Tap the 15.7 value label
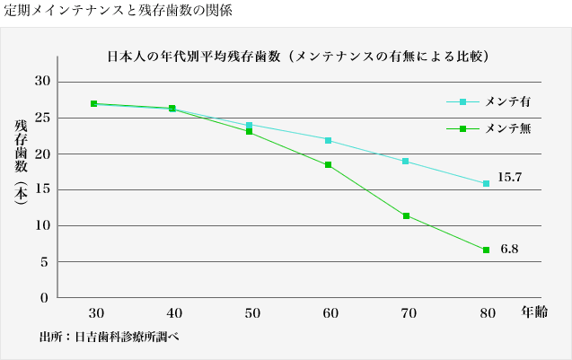(509, 178)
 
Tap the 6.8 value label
(509, 247)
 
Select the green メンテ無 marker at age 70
(407, 216)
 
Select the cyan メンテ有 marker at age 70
(406, 162)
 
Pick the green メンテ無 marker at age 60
(328, 165)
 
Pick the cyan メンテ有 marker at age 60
(328, 141)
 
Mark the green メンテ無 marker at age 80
(486, 250)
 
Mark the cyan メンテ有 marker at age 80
(486, 183)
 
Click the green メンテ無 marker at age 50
(249, 132)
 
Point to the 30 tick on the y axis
(41, 82)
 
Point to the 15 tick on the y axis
(41, 189)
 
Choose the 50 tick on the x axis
(252, 313)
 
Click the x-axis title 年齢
(535, 312)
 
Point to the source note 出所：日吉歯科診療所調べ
(114, 338)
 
